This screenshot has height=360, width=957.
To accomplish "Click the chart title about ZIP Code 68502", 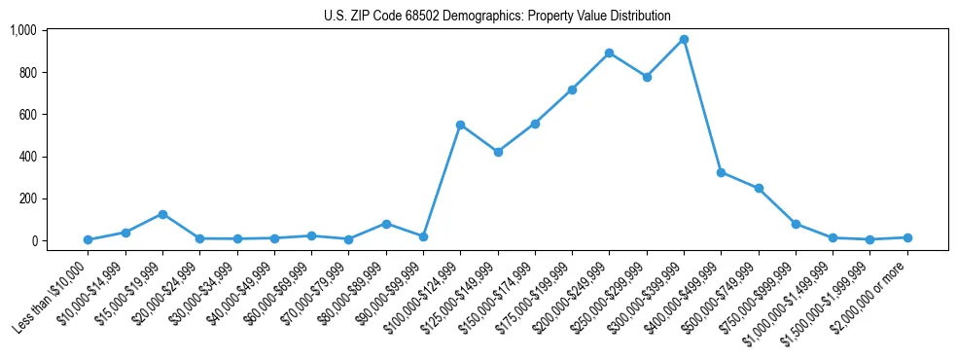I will pyautogui.click(x=497, y=16).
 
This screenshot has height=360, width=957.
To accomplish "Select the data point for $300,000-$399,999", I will pyautogui.click(x=684, y=39).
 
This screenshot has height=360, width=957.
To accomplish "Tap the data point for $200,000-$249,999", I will pyautogui.click(x=609, y=53).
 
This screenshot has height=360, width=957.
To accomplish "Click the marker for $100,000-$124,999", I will pyautogui.click(x=460, y=125).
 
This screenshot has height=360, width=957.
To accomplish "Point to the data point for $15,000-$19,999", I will pyautogui.click(x=162, y=214).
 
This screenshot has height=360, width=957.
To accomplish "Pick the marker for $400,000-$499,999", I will pyautogui.click(x=721, y=172).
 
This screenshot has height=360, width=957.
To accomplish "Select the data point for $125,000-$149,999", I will pyautogui.click(x=498, y=152).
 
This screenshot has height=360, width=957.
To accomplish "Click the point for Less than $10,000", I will pyautogui.click(x=89, y=239).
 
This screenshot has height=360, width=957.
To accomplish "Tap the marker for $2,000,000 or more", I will pyautogui.click(x=906, y=237).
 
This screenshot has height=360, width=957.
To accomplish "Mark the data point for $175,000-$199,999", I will pyautogui.click(x=572, y=90).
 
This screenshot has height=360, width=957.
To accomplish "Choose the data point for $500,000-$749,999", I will pyautogui.click(x=759, y=188).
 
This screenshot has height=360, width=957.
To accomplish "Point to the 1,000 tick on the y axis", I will pyautogui.click(x=22, y=30).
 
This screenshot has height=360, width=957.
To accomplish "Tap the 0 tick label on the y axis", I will pyautogui.click(x=33, y=240).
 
